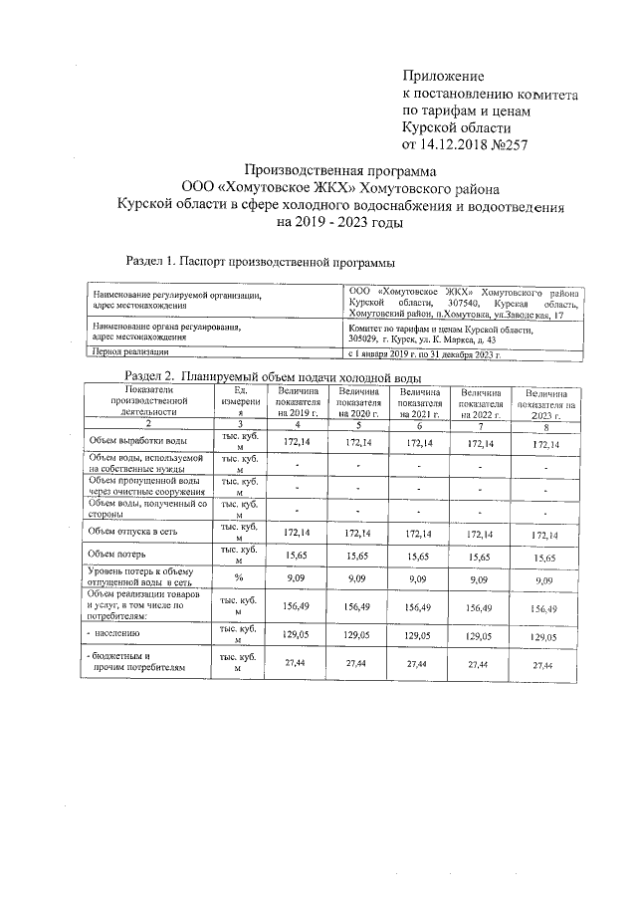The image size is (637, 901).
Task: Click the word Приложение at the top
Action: [443, 76]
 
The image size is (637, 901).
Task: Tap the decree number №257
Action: [504, 144]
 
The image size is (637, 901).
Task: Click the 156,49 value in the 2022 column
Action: [480, 605]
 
